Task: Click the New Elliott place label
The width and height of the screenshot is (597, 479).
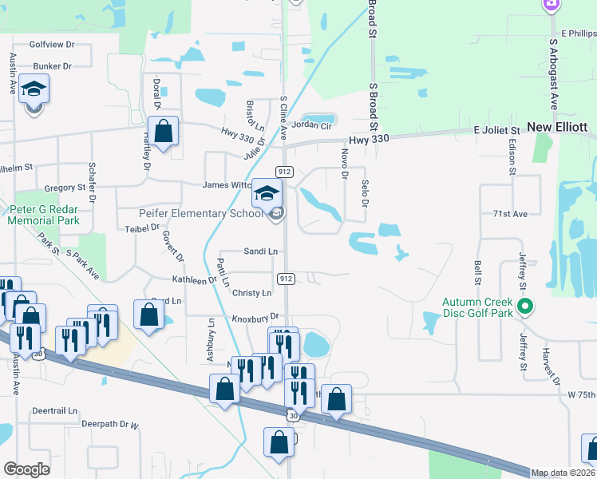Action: coord(557,128)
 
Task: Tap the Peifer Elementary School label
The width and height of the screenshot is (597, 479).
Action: coord(190,213)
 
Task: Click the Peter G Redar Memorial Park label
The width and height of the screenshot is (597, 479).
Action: coord(44,214)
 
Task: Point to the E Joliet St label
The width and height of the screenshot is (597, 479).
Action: coord(496,129)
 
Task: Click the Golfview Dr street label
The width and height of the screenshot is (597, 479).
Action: coord(52,45)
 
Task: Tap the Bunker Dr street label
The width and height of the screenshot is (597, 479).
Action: coord(52,65)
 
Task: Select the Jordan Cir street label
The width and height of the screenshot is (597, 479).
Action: coord(311,125)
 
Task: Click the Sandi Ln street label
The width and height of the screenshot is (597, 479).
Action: coord(260,251)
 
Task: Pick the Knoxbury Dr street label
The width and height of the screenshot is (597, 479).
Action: coord(255,318)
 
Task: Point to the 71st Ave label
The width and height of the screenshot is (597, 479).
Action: coord(510,214)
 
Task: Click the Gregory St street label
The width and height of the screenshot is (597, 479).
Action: coord(65,188)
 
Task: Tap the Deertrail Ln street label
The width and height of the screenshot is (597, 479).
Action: coord(55,410)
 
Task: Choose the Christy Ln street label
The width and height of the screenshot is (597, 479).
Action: coord(251,293)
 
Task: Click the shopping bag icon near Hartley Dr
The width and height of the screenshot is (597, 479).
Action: coord(164,132)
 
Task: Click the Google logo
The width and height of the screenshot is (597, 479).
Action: coord(26,469)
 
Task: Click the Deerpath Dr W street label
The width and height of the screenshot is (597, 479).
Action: coord(110,425)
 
